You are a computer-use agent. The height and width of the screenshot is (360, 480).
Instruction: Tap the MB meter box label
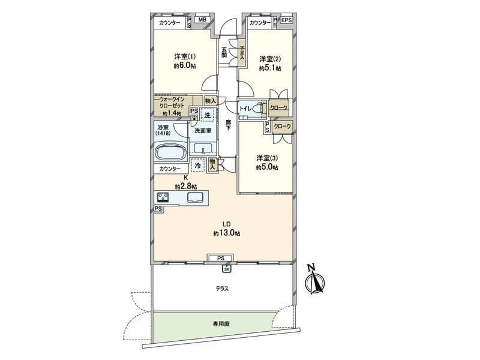(x=202, y=20)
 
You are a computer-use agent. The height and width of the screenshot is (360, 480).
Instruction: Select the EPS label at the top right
(x=287, y=20)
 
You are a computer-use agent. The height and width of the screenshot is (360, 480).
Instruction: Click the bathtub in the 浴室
(x=171, y=152)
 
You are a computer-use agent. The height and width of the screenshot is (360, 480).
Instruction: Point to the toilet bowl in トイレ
(x=260, y=108)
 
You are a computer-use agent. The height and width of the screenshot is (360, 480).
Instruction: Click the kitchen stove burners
(x=163, y=197)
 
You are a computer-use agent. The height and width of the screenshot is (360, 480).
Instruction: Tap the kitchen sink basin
(x=194, y=198)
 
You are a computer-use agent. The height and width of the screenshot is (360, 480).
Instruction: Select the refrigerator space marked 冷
(x=198, y=166)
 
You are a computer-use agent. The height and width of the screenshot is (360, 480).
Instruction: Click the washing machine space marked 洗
(x=207, y=115)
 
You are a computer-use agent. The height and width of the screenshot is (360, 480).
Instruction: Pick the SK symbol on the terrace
(x=227, y=269)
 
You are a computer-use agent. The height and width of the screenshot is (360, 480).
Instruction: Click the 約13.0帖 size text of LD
(x=227, y=233)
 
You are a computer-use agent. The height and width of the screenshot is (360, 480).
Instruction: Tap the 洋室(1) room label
(x=185, y=56)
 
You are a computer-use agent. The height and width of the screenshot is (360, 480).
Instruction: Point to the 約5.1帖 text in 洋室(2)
(x=271, y=68)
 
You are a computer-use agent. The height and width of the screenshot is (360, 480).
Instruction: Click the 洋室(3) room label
(x=267, y=158)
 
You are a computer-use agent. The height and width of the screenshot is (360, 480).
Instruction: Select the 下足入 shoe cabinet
(x=242, y=53)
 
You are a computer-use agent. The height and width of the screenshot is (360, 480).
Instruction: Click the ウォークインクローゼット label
(x=172, y=103)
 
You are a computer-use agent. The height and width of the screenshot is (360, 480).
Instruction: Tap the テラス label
(x=222, y=289)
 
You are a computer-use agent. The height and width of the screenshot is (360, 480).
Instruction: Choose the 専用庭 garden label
(x=221, y=324)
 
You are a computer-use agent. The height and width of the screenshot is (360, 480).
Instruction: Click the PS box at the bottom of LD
(x=221, y=258)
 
